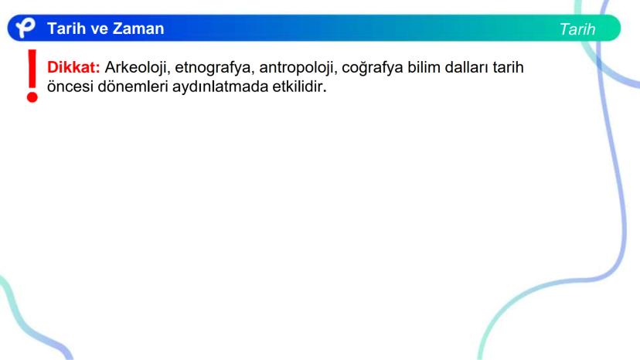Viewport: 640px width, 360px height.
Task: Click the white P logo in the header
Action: click(26, 28)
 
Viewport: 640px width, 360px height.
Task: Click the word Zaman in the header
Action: click(138, 29)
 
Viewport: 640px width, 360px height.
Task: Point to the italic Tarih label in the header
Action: click(577, 29)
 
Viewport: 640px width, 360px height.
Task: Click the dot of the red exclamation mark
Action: click(32, 97)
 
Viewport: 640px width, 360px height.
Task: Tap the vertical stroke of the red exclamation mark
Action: click(32, 69)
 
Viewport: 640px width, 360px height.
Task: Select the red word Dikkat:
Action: click(73, 67)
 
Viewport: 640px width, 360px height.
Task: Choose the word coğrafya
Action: click(373, 68)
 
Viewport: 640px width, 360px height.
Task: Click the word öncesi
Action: click(70, 87)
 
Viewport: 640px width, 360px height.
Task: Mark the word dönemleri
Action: click(133, 87)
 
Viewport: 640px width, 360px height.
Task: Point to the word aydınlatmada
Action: click(220, 87)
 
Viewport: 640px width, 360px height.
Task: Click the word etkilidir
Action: click(300, 87)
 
